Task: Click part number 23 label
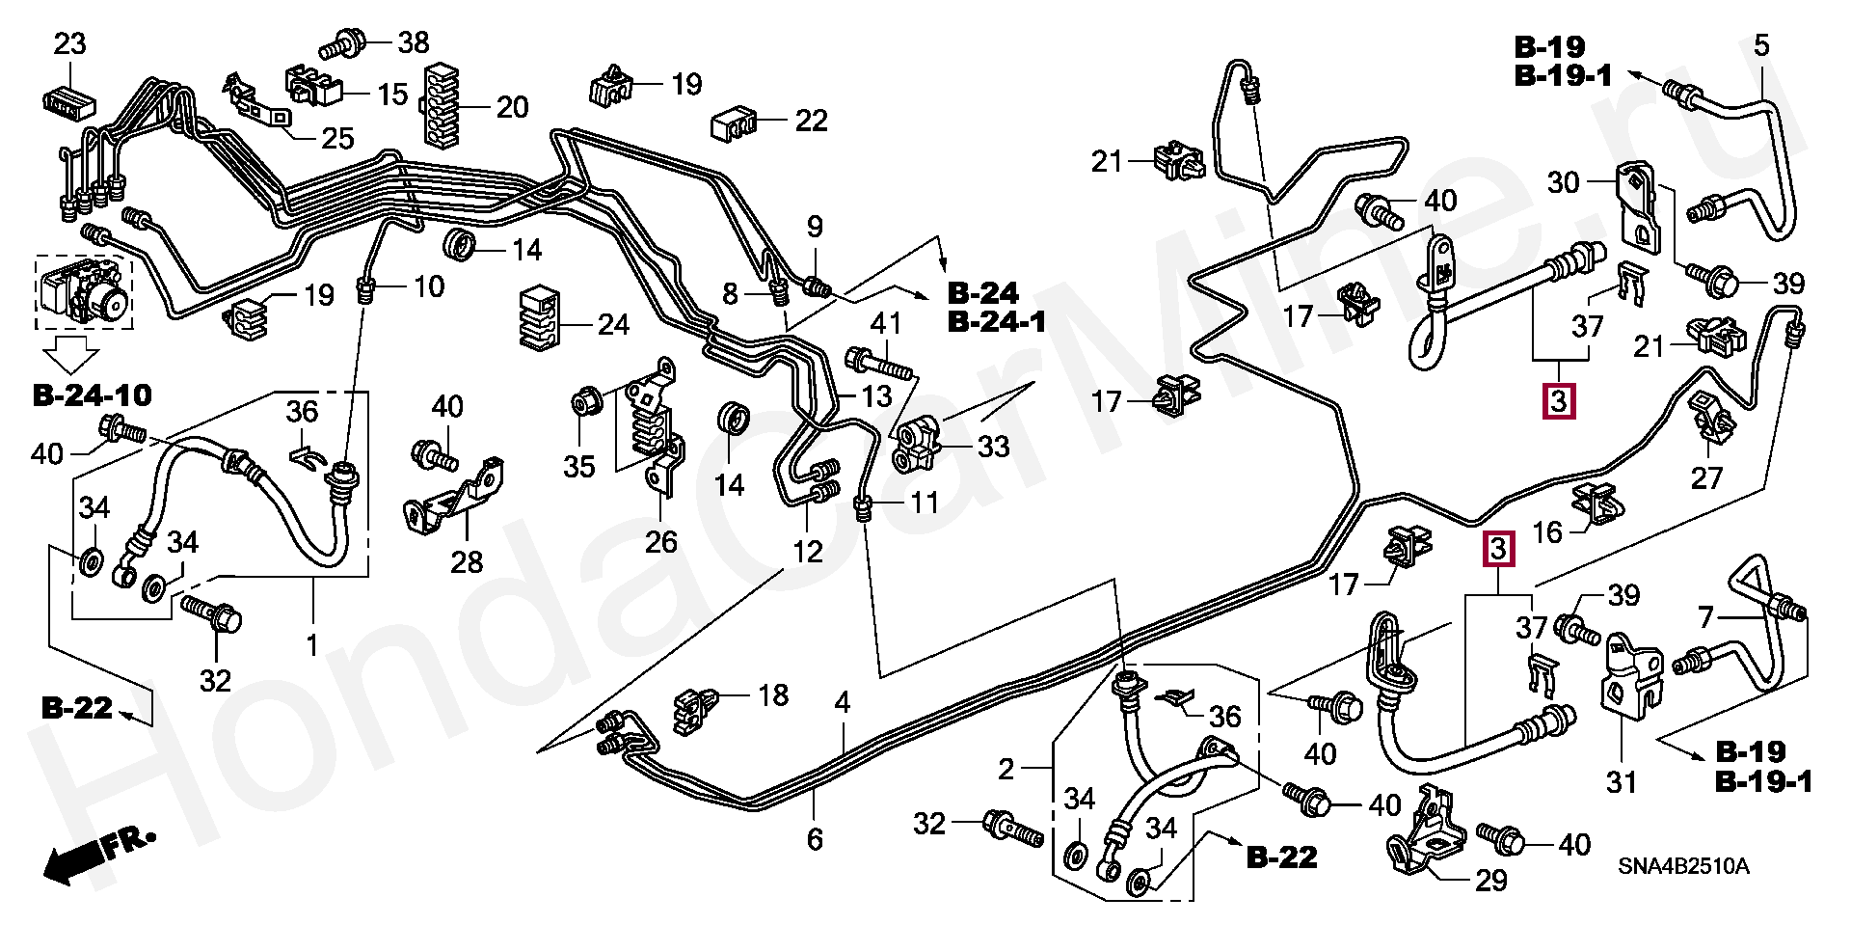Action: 69,44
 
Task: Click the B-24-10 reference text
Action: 93,394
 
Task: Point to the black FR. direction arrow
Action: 77,858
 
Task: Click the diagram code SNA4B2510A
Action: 1682,865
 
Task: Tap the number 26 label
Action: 661,542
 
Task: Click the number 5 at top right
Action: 1761,45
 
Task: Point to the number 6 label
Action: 815,839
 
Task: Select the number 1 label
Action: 311,644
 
